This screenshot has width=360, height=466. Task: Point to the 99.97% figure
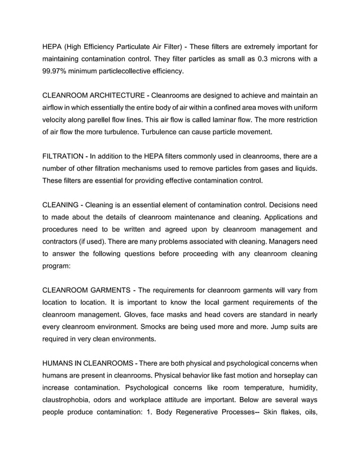click(x=56, y=72)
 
